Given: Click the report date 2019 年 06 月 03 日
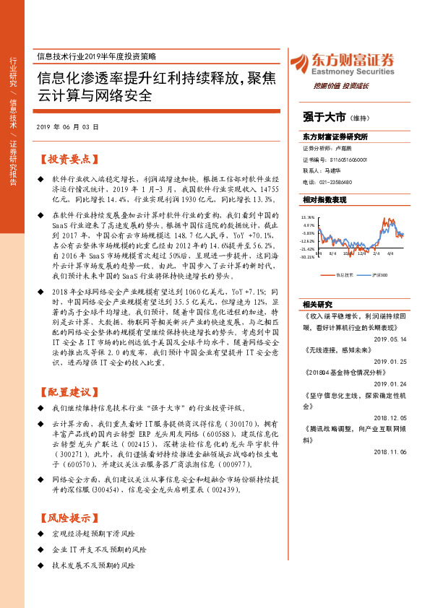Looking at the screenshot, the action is [67, 126].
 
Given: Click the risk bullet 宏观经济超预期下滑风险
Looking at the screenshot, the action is [94, 534].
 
